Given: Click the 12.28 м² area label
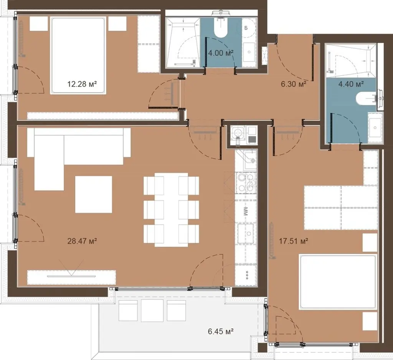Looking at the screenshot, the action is pos(82,84).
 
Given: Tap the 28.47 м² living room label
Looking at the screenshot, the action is pos(82,241).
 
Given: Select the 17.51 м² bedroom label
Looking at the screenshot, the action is pos(294,241).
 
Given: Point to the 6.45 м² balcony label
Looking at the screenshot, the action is pos(221,332).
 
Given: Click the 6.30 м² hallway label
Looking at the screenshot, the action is pos(294,84).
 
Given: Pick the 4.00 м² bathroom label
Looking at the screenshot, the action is pos(221,53).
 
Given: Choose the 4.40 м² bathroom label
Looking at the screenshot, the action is pos(351,84).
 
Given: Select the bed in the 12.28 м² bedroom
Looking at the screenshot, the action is pos(78,56).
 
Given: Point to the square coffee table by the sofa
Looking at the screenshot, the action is pos(94,194).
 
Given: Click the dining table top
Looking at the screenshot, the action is pos(171,210).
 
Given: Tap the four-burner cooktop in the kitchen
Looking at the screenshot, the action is pos(246,183).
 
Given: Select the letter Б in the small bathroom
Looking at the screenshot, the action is pos(246,28).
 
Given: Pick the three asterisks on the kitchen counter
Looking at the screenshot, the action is pos(246,274).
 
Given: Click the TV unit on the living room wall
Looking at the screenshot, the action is pos(71,277).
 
